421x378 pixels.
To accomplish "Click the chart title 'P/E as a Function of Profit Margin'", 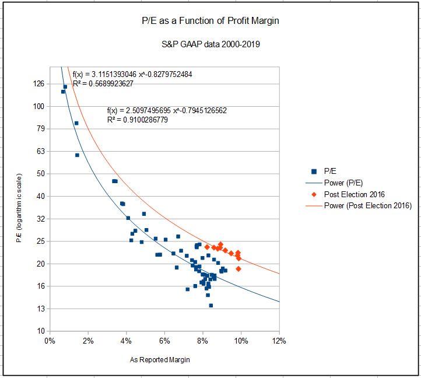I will [210, 21].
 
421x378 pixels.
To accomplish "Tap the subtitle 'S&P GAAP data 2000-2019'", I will [210, 44].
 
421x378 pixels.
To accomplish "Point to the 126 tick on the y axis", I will [38, 84].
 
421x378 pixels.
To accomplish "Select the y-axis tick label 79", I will [40, 129].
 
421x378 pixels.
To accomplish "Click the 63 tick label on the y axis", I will [40, 152].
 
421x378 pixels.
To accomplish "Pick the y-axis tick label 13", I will [40, 309].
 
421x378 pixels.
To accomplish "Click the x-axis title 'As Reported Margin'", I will [160, 360].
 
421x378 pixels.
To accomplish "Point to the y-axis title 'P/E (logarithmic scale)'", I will [19, 208].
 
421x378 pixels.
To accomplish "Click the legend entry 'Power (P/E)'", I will [343, 183].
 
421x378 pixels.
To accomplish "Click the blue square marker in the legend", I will [314, 171].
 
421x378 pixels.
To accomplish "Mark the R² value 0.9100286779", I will [146, 120].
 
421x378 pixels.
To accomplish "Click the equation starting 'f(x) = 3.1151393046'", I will [132, 75].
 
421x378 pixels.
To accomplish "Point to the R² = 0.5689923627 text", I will [103, 83].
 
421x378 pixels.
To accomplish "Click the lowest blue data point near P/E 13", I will [211, 305].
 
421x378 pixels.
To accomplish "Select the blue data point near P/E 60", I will [77, 155].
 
